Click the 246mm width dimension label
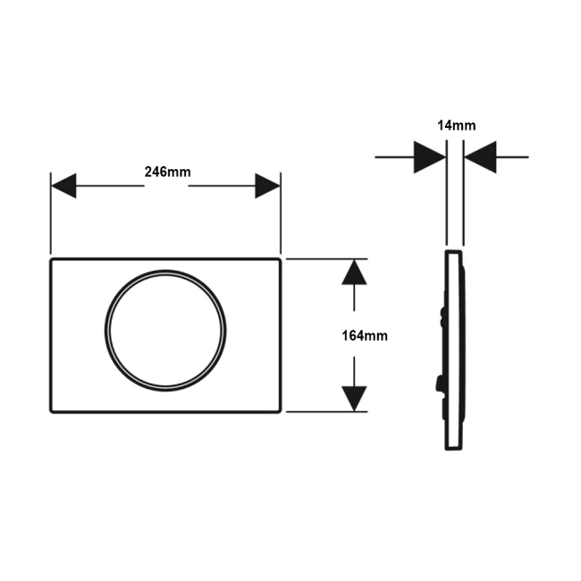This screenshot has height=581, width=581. point(167,172)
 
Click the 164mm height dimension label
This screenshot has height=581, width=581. point(365,336)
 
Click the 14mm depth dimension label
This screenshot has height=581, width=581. point(457,125)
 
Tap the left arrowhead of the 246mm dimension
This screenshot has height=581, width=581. point(63,186)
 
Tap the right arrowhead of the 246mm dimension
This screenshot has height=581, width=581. point(267,186)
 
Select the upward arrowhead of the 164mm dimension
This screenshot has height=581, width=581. point(354,272)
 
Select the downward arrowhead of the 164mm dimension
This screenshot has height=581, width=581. point(354,399)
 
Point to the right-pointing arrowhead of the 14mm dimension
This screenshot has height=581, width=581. point(430,157)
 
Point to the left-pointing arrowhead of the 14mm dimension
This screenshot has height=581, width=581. point(480,157)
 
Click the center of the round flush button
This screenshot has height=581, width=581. point(165,331)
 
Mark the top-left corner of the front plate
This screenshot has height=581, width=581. point(51,259)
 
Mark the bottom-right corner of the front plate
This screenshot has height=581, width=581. point(280,412)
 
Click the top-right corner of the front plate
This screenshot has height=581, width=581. point(280,259)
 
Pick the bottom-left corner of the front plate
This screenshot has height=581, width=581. point(51,412)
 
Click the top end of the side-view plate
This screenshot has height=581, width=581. point(453,251)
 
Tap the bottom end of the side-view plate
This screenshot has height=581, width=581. point(453,450)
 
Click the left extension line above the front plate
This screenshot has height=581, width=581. point(51,213)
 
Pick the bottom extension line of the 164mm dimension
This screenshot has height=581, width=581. point(327,412)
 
